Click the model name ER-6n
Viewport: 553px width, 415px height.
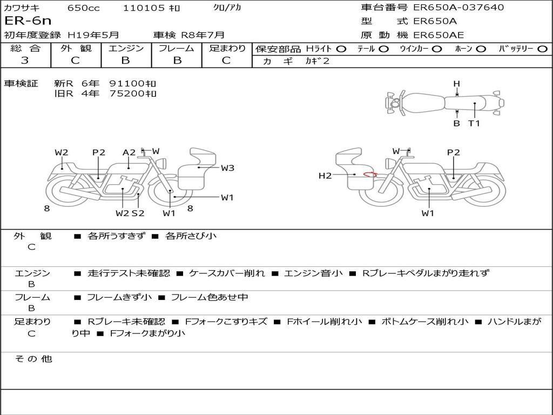(28, 21)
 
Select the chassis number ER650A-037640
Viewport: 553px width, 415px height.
(458, 8)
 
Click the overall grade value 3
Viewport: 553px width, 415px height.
(25, 60)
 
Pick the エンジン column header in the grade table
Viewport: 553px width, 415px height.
(125, 48)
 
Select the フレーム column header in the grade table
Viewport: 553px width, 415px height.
(176, 48)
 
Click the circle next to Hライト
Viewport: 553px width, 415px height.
(341, 49)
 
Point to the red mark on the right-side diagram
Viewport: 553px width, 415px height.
(370, 174)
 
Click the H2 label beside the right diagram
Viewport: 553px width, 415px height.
(325, 175)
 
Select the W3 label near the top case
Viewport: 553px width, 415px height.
(227, 168)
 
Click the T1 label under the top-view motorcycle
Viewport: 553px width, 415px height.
(474, 123)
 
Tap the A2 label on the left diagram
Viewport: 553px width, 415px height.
(129, 152)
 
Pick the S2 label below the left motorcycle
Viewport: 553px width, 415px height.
(138, 213)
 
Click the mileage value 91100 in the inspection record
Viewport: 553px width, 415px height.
(127, 84)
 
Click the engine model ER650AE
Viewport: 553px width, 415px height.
(438, 35)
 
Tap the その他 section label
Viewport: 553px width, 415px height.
(33, 359)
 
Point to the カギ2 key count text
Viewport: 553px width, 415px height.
(317, 61)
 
